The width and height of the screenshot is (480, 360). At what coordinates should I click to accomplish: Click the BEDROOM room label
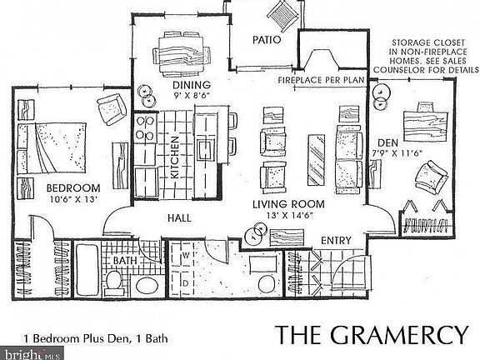pos(73,187)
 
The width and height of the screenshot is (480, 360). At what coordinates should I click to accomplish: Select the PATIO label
pos(266,40)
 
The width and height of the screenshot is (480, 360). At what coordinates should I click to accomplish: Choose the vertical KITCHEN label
pos(176,157)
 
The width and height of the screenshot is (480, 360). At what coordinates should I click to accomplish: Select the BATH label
pos(125,261)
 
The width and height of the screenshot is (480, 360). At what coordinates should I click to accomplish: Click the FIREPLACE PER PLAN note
pos(321,79)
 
